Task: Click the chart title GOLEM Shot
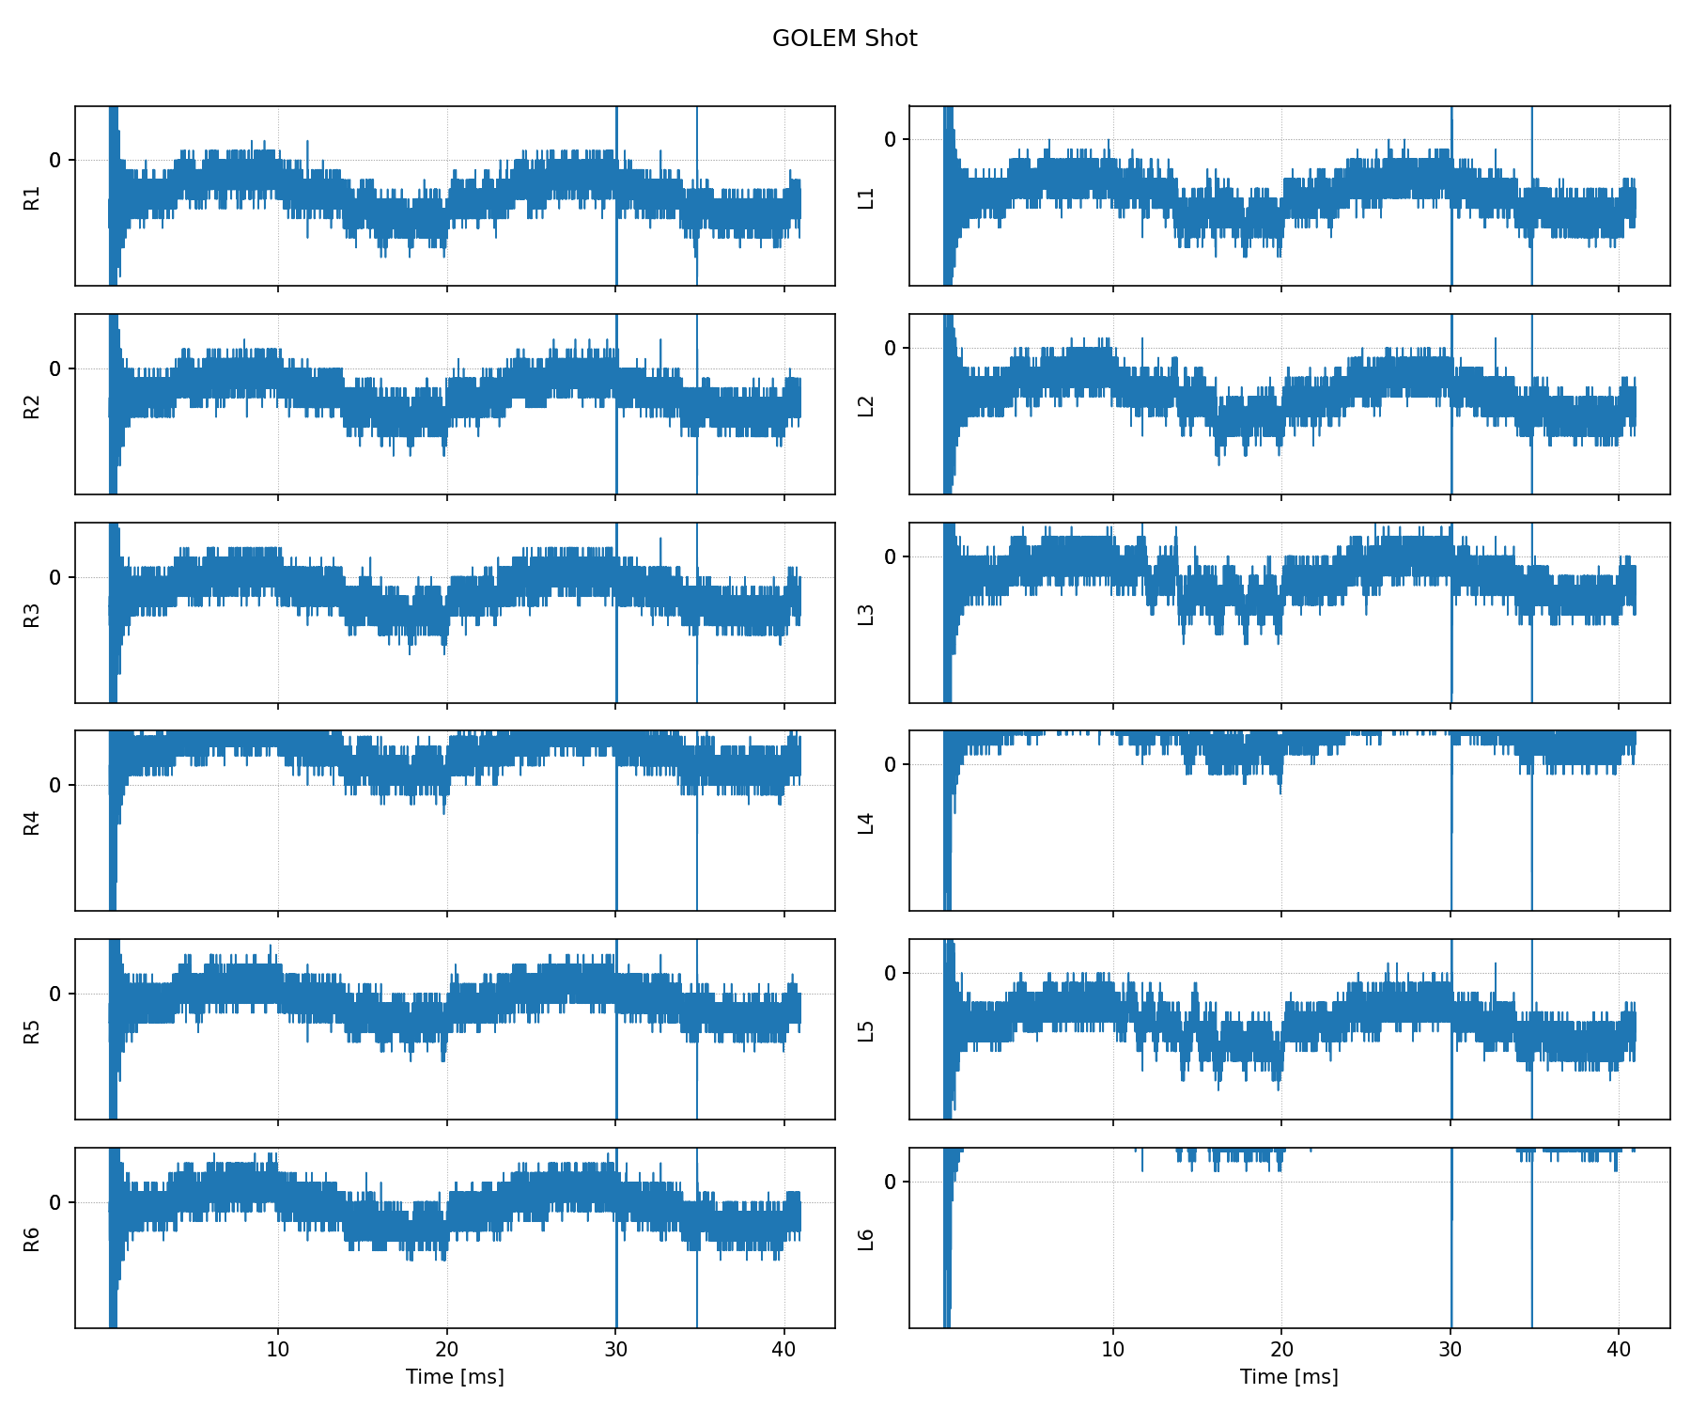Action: pos(845,39)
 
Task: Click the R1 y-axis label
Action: pos(32,197)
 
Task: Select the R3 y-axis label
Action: pos(32,615)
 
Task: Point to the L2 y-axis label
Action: pos(866,406)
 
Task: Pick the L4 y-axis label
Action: pos(866,822)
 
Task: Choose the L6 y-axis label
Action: pos(866,1240)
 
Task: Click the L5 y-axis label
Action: pos(866,1030)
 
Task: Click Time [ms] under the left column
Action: pos(455,1377)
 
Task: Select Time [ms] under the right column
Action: pos(1289,1377)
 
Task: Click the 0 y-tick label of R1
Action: pos(55,161)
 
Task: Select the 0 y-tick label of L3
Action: pos(891,557)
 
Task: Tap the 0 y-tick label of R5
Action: pos(55,995)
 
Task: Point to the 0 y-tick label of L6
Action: pos(891,1182)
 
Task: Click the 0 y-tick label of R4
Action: pos(55,786)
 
